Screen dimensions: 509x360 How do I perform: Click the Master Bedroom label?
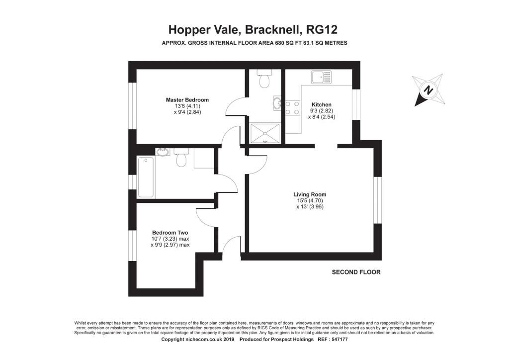tap(187, 100)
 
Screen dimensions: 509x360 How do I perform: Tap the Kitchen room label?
tap(322, 104)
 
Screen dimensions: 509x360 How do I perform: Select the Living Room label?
tap(310, 194)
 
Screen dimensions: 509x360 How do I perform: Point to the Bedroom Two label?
tap(170, 233)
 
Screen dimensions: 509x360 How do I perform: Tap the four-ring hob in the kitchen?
tap(292, 108)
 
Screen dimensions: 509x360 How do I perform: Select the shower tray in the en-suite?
tap(265, 133)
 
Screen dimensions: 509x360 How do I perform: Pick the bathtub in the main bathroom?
tap(146, 177)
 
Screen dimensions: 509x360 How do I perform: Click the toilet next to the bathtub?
tap(181, 157)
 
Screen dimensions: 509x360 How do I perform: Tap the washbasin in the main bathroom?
tap(163, 152)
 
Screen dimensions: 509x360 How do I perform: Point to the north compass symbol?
tap(429, 90)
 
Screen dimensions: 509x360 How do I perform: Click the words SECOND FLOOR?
tap(356, 272)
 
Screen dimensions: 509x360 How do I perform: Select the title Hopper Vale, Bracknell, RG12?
tap(253, 29)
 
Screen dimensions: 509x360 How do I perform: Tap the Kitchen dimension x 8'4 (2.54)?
tap(322, 117)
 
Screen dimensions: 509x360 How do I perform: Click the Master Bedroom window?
tap(132, 106)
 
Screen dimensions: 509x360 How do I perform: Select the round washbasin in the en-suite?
tap(277, 103)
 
